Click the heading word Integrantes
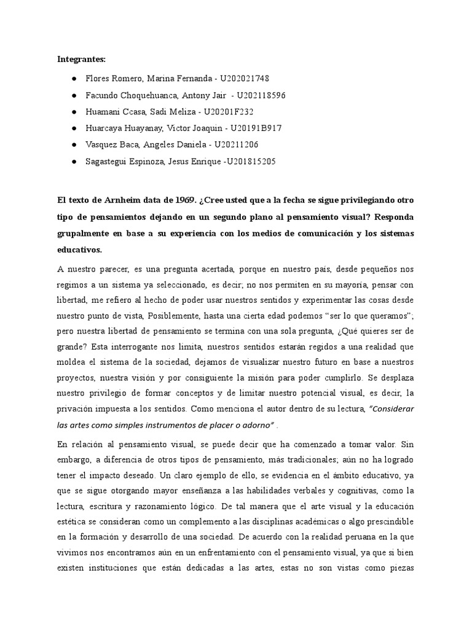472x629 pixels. click(81, 60)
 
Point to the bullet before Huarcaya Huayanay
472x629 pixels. click(74, 128)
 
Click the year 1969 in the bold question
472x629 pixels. click(178, 200)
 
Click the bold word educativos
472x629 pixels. click(83, 250)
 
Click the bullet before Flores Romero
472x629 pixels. click(74, 79)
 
